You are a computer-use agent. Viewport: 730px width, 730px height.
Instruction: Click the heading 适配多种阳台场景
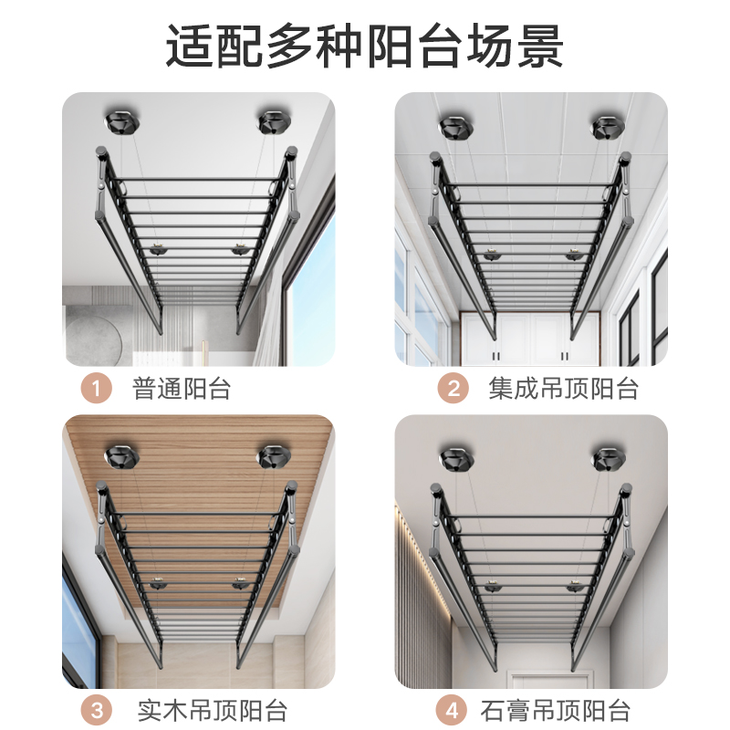pos(365,47)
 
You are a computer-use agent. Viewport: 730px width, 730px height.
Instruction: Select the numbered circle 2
pos(453,389)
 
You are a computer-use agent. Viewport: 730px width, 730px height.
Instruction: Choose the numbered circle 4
pos(453,709)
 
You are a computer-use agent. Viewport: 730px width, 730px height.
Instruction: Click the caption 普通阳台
pos(182,389)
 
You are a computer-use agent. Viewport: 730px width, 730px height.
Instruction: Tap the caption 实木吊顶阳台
pos(211,709)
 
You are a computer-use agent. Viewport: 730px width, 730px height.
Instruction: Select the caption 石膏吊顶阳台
pos(555,709)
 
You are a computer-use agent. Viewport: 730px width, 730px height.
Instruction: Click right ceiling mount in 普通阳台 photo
pos(272,122)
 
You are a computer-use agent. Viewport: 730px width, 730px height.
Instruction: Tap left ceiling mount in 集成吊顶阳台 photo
pos(454,127)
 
